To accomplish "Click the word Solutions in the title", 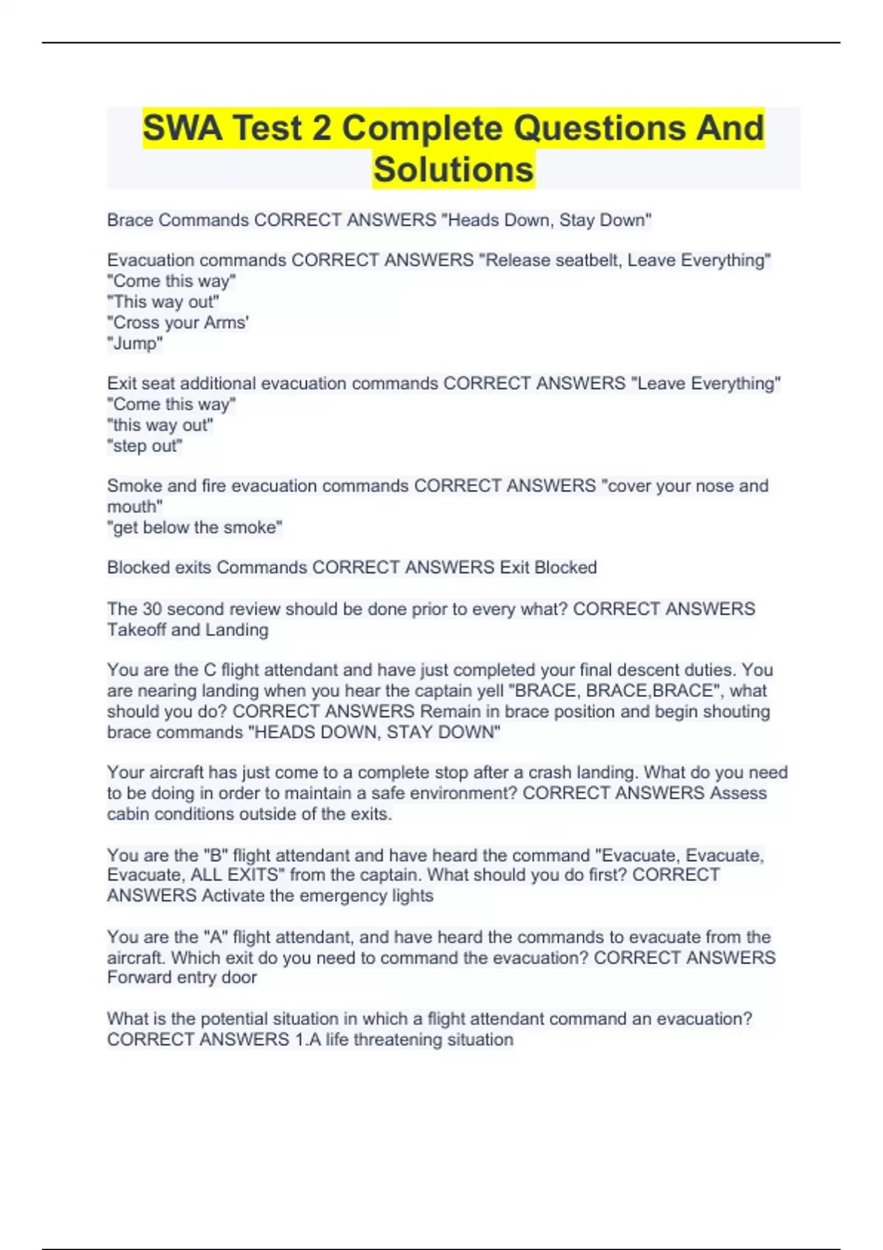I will click(x=453, y=169).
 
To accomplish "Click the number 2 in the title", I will click(x=321, y=128).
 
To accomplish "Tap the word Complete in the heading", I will click(x=422, y=128).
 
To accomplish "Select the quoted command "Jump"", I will click(x=135, y=343).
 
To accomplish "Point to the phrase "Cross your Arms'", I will click(x=178, y=323).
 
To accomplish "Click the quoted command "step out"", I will click(x=145, y=446).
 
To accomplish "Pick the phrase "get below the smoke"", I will click(x=195, y=528).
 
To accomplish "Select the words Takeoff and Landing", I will click(x=188, y=630).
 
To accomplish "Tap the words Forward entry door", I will click(x=182, y=978).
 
